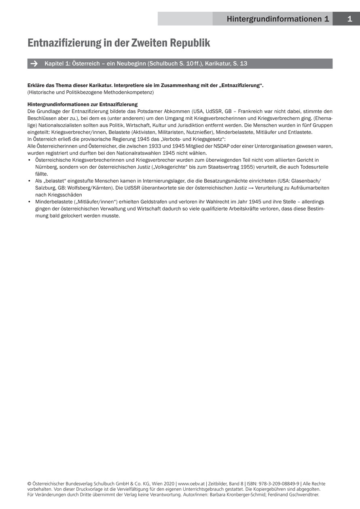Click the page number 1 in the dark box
349,19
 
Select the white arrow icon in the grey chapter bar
34,64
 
